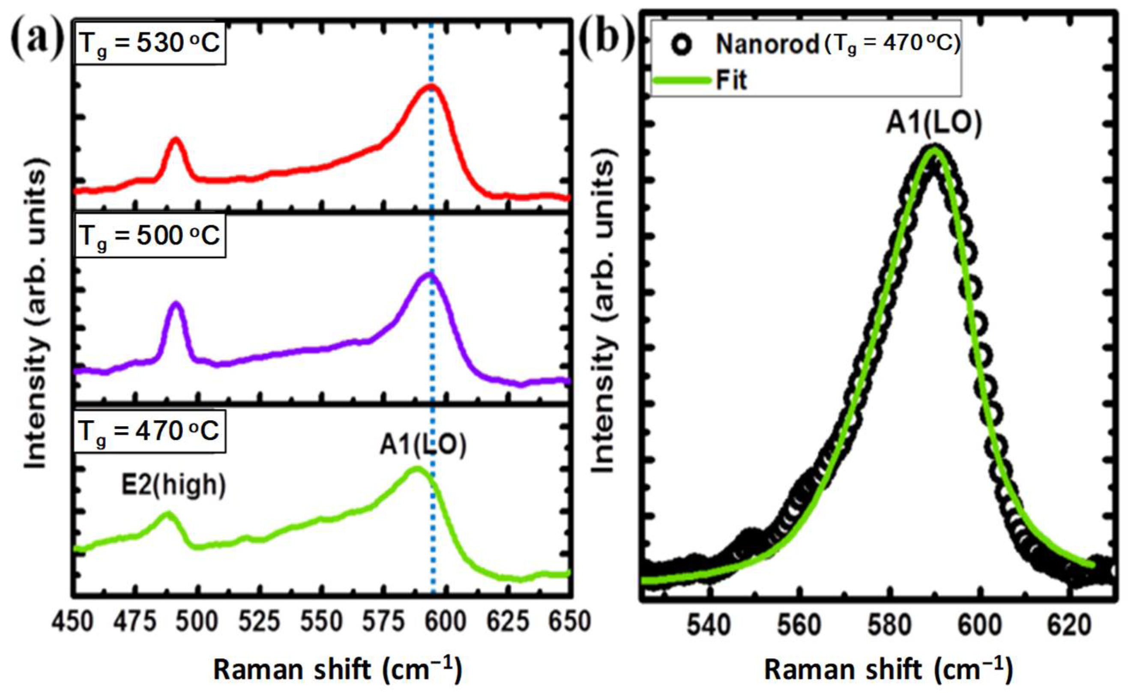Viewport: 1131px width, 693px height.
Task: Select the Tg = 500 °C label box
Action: click(x=150, y=237)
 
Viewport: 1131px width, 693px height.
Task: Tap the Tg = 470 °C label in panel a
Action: click(x=150, y=432)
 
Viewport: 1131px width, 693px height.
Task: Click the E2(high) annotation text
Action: click(x=174, y=486)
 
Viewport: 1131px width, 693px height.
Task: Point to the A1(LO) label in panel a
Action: click(x=423, y=445)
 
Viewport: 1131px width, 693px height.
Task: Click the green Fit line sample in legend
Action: click(x=682, y=81)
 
